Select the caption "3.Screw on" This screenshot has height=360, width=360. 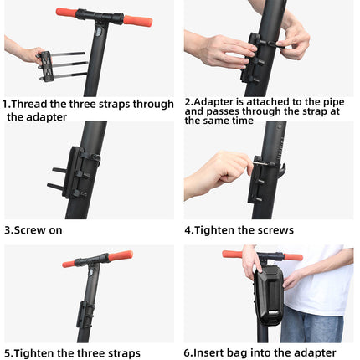click(x=33, y=229)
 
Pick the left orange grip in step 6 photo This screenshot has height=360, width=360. click(x=232, y=255)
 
